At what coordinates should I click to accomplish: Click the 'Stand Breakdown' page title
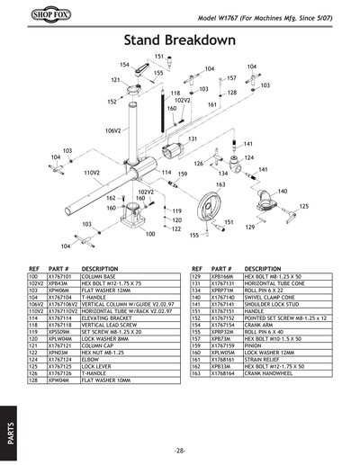pos(179,40)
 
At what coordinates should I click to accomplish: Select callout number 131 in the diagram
pos(192,139)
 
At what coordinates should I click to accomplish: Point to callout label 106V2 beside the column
pos(112,130)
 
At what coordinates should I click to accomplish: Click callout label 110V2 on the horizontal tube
pos(91,171)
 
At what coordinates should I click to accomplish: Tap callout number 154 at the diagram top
pos(125,65)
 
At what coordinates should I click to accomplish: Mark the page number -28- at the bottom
pos(180,449)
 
